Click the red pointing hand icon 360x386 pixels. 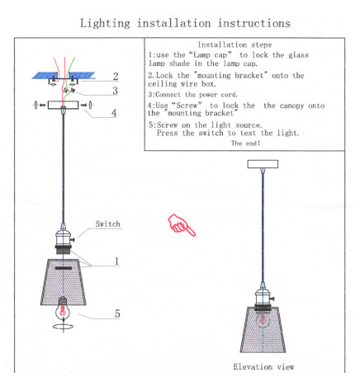tap(182, 225)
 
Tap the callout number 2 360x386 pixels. tap(116, 76)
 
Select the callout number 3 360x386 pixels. tap(116, 91)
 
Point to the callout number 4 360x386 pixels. tap(114, 113)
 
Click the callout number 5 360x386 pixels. tap(117, 313)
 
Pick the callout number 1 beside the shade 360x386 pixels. tap(116, 261)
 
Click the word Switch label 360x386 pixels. tap(108, 224)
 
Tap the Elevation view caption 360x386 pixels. tap(263, 367)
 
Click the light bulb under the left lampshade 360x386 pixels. tap(63, 310)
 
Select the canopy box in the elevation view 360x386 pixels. tap(263, 164)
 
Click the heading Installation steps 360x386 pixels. tap(234, 45)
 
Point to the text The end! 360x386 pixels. tap(246, 143)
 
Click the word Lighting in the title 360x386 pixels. tap(105, 23)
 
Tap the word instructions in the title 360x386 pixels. tap(254, 23)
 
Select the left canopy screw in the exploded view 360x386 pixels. tap(39, 105)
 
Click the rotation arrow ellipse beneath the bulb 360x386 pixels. tap(64, 327)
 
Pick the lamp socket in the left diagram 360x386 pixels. tap(64, 240)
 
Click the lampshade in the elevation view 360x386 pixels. tap(263, 330)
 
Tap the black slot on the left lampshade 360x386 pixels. tap(64, 268)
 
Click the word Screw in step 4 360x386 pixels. tap(189, 106)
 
